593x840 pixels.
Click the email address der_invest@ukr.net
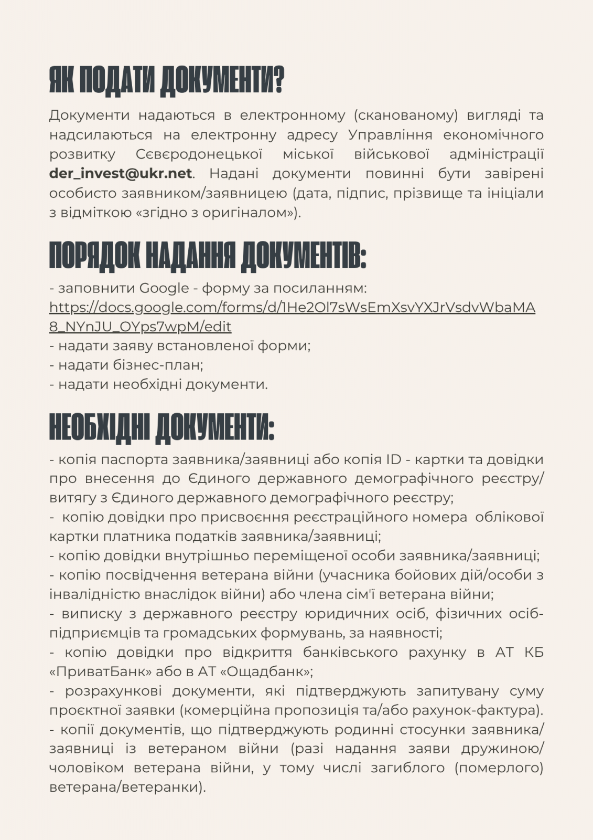point(121,174)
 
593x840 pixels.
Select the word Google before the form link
point(164,288)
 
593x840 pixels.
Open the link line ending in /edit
point(140,327)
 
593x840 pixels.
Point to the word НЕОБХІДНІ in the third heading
point(100,427)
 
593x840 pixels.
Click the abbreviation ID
point(393,459)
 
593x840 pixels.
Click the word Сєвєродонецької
point(199,154)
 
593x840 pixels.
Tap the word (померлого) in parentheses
point(499,768)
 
